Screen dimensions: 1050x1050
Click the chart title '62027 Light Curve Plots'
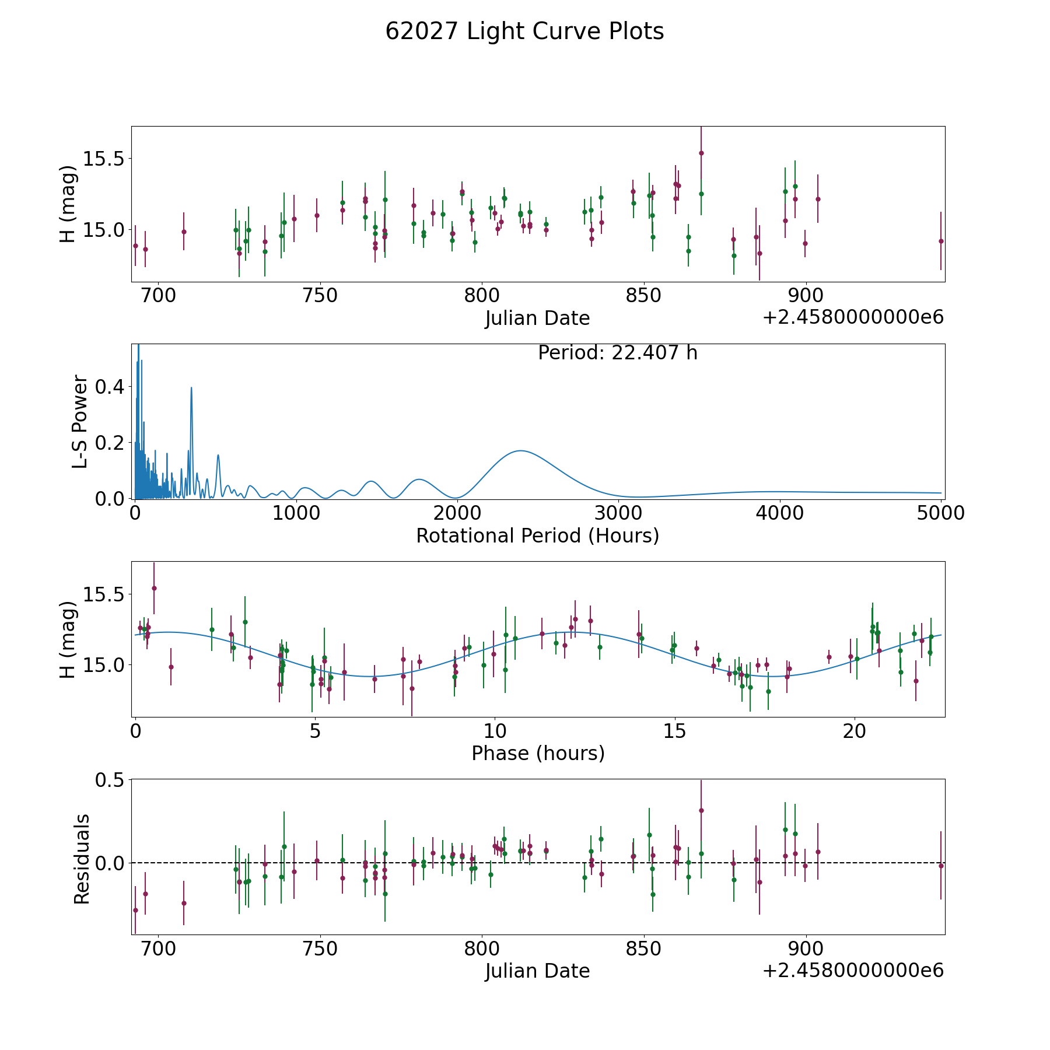pyautogui.click(x=524, y=32)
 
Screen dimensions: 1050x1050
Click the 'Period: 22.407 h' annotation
pyautogui.click(x=617, y=353)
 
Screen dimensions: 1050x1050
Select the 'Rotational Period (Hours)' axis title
pyautogui.click(x=537, y=535)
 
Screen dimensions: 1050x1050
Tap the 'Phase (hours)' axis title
pyautogui.click(x=538, y=753)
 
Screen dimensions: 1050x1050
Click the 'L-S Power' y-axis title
pyautogui.click(x=80, y=421)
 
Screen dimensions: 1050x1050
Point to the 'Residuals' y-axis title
pyautogui.click(x=82, y=859)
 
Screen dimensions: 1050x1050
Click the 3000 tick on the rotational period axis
pyautogui.click(x=618, y=513)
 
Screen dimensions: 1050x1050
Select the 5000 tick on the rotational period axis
pyautogui.click(x=940, y=513)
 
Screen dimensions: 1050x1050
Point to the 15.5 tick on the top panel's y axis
pyautogui.click(x=103, y=159)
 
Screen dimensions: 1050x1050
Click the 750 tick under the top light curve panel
pyautogui.click(x=321, y=296)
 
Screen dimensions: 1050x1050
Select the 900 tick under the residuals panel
pyautogui.click(x=806, y=949)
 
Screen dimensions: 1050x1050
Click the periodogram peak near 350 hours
pyautogui.click(x=191, y=387)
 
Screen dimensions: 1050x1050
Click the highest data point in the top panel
pyautogui.click(x=701, y=153)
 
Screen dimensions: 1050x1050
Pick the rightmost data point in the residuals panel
pyautogui.click(x=941, y=866)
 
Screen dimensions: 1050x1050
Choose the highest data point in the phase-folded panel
pyautogui.click(x=154, y=588)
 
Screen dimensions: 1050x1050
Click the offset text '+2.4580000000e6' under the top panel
pyautogui.click(x=853, y=317)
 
